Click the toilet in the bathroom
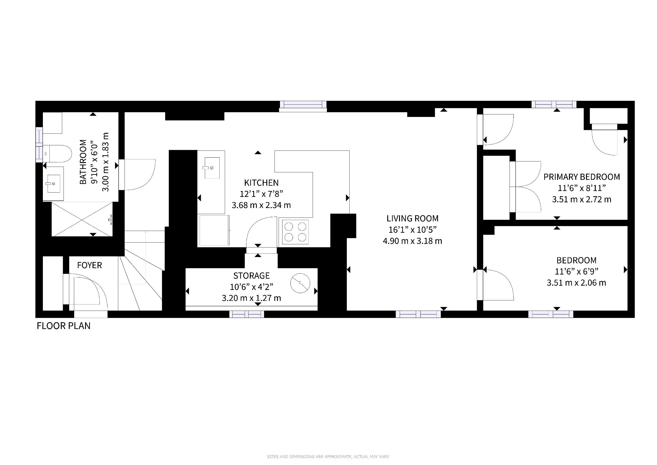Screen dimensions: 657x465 point(57,154)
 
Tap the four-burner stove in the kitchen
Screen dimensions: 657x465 point(295,232)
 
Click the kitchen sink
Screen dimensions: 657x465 point(212,168)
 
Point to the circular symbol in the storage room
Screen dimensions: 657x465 point(300,283)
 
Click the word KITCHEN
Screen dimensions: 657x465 point(261,183)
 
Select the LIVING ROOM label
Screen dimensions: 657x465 point(412,218)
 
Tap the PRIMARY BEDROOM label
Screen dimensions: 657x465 point(582,177)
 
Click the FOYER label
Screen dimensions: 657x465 point(90,265)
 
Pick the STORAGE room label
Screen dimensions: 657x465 point(252,276)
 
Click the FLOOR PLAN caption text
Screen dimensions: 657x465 point(64,326)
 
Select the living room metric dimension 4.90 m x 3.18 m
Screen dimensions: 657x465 point(412,241)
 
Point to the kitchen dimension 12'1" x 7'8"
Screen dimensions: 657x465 point(261,194)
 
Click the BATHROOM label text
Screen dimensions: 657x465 point(83,162)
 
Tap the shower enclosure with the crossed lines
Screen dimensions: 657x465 point(82,219)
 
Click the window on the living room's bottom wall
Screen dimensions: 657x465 point(418,314)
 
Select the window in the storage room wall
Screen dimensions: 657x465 point(247,314)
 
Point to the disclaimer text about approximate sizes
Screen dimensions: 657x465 point(328,457)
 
